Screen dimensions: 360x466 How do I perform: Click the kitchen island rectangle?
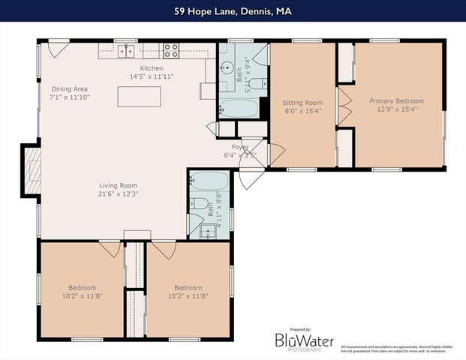[x=139, y=97]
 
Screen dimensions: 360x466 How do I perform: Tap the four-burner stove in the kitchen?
[x=171, y=51]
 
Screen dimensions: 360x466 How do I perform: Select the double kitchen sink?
[x=126, y=51]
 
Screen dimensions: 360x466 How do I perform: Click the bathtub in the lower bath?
[x=208, y=181]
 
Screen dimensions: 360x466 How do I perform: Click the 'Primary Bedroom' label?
[x=396, y=101]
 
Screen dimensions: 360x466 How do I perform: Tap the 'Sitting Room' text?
[x=302, y=103]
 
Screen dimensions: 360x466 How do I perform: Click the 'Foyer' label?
[x=240, y=147]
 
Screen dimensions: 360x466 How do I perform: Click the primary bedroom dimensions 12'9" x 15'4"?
[x=396, y=109]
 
